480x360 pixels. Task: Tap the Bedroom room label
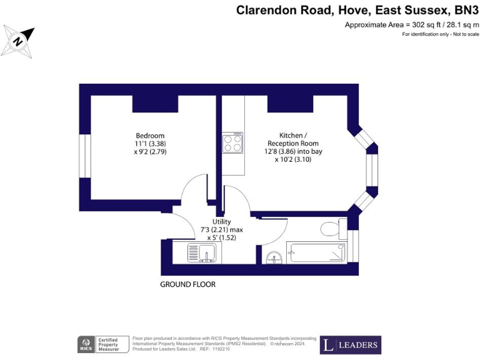pyautogui.click(x=150, y=136)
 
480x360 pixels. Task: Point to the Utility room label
pyautogui.click(x=222, y=221)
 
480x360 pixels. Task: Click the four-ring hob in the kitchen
pyautogui.click(x=232, y=144)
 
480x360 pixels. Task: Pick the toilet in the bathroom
pyautogui.click(x=330, y=227)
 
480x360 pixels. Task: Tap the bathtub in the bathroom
pyautogui.click(x=316, y=252)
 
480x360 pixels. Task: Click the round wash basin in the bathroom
pyautogui.click(x=273, y=257)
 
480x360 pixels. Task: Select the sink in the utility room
pyautogui.click(x=202, y=253)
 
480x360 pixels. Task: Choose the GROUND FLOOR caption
pyautogui.click(x=187, y=284)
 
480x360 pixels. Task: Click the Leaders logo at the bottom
pyautogui.click(x=350, y=345)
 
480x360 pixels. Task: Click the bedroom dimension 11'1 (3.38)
pyautogui.click(x=150, y=144)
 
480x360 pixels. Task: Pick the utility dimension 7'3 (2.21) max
pyautogui.click(x=222, y=229)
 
